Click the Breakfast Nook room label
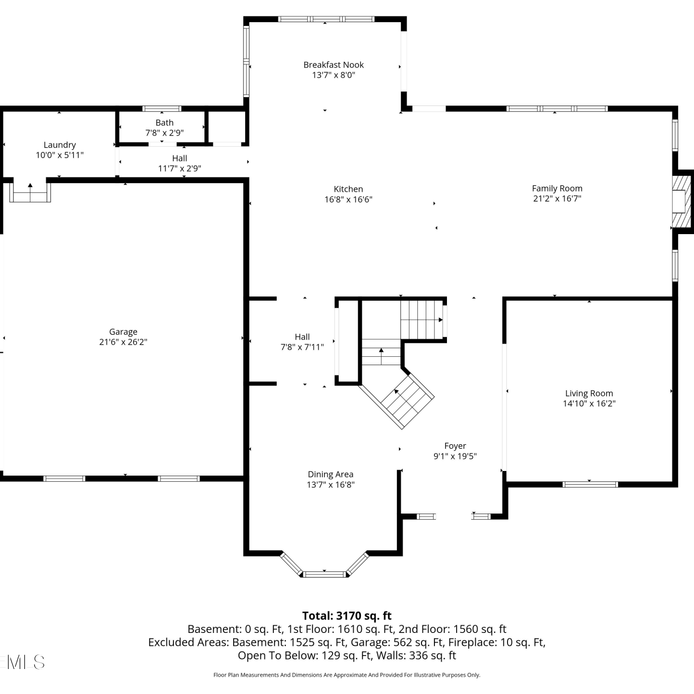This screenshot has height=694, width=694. coord(334,65)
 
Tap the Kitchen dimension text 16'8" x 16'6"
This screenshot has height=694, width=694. coord(348,199)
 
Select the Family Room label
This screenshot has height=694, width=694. coord(557,188)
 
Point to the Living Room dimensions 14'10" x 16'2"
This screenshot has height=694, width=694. coord(589,403)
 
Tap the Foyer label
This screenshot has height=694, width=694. coord(455,446)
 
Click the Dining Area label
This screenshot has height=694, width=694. coord(331,474)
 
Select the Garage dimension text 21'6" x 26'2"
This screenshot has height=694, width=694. coord(123,342)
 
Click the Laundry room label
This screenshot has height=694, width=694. coord(60,145)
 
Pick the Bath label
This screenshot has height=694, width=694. coord(165,123)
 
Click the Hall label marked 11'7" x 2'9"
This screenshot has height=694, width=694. coord(180,158)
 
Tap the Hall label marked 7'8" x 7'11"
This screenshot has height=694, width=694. coord(302,337)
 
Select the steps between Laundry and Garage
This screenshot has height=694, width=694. coord(30,192)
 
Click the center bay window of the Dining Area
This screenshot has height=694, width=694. coord(324,574)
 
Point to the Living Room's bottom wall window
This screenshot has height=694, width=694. coord(590,484)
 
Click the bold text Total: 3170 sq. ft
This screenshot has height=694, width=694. coord(347,616)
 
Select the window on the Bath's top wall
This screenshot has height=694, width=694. coord(161,109)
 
